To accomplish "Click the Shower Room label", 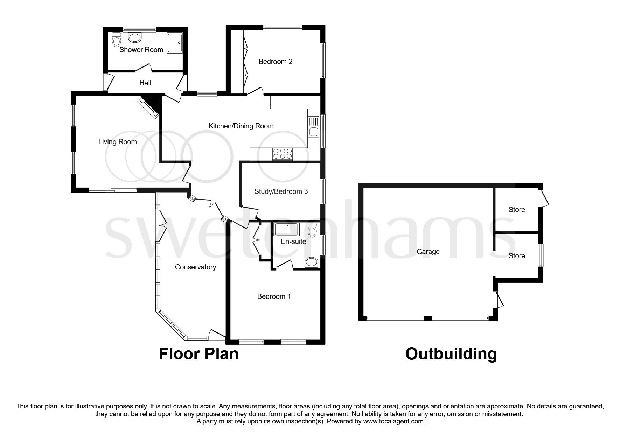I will (141, 50).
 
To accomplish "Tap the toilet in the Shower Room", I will (116, 40).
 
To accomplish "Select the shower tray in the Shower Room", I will (177, 43).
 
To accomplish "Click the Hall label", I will (145, 83).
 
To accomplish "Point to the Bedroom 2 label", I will (275, 62).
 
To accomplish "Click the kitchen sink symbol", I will (313, 127).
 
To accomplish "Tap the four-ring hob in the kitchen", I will (283, 154).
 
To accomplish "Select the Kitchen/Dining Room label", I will (241, 126).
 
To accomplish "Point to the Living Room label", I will (117, 142).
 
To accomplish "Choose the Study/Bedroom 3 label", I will (281, 191).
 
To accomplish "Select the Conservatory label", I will (195, 267).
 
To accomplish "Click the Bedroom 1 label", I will (274, 296).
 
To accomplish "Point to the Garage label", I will (428, 252).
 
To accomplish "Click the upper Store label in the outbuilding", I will (517, 210).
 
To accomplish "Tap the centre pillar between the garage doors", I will (427, 318).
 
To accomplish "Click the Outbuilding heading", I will (451, 354).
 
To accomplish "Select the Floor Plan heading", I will (198, 354).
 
